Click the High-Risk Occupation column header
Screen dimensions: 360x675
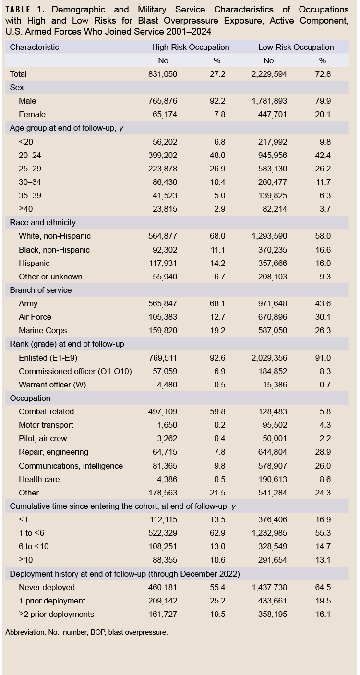click(191, 48)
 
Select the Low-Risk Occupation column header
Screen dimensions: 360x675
click(296, 48)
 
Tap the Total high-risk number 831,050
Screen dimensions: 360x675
click(163, 74)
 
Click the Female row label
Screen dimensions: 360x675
click(32, 115)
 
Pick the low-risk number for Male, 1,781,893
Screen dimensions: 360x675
click(269, 101)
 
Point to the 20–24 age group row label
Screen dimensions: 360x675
click(30, 155)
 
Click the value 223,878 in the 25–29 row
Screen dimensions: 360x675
click(163, 169)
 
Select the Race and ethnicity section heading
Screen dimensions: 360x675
click(43, 222)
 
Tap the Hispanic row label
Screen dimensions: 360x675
click(35, 264)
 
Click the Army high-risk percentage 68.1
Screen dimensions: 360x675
click(217, 303)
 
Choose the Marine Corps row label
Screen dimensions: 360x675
click(43, 331)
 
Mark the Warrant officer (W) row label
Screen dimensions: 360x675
click(52, 385)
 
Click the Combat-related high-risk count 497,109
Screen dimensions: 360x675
click(163, 411)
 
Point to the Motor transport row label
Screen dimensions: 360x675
click(46, 425)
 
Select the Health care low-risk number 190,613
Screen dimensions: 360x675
click(273, 480)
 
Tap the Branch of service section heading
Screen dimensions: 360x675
click(41, 290)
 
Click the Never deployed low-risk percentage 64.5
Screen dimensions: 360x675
click(323, 587)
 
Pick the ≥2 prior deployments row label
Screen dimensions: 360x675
click(56, 615)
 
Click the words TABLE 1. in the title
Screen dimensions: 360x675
click(25, 10)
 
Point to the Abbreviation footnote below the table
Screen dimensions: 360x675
click(86, 632)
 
